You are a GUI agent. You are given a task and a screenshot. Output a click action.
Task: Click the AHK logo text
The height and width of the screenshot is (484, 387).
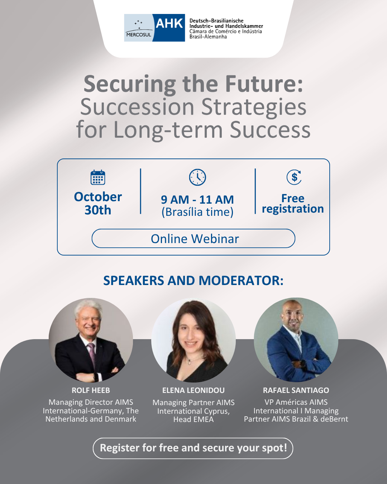pos(169,23)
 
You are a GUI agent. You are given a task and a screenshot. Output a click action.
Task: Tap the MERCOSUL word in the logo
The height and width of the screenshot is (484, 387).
pos(139,35)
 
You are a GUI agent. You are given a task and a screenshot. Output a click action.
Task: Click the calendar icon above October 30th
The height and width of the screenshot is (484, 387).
pos(98,177)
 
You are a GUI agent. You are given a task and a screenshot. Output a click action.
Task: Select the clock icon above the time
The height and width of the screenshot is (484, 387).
pos(197,177)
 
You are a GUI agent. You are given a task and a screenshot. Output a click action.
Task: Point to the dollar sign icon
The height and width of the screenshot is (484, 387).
pos(294,177)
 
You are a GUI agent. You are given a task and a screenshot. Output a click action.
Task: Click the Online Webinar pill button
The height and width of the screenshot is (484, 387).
pos(193,238)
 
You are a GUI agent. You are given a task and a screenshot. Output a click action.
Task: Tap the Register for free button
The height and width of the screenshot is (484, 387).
pos(193,447)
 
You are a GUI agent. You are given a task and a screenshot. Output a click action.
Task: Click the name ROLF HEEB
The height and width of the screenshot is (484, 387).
pos(91,390)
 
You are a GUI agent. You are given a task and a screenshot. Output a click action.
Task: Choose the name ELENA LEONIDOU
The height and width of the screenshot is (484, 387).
pos(193,390)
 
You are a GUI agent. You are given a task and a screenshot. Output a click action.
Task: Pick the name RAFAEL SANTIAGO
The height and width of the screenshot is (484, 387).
pos(296,390)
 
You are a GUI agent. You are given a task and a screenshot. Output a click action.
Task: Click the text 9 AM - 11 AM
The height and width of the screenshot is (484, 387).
pos(197,200)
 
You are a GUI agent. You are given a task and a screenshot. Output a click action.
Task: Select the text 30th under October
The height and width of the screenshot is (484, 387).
pos(98,210)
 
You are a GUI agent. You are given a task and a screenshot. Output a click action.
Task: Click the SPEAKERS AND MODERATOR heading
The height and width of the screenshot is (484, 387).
pos(193,280)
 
